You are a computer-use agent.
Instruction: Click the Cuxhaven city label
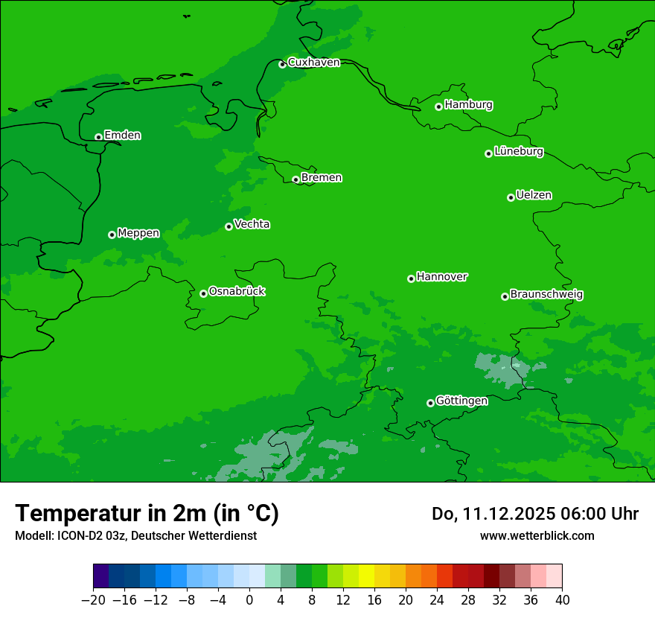tap(313, 63)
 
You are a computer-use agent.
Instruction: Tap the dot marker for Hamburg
tap(439, 106)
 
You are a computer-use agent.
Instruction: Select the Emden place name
tap(122, 136)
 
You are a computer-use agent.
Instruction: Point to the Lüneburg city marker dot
tap(488, 153)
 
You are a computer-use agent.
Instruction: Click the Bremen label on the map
tap(322, 178)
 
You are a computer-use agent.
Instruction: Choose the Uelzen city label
tap(534, 196)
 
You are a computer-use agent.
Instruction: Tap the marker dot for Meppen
tap(112, 235)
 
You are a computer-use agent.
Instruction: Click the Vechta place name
tap(252, 225)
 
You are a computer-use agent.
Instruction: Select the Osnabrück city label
tap(237, 292)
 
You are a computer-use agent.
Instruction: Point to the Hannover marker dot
tap(411, 278)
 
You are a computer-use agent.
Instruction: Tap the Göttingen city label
tap(461, 401)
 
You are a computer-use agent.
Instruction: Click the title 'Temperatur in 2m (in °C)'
tap(147, 513)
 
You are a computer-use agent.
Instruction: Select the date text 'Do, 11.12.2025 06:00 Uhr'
tap(534, 514)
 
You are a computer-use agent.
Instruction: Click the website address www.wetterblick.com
tap(537, 535)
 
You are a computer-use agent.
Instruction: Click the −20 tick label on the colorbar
tap(93, 600)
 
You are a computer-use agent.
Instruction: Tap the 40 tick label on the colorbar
tap(562, 600)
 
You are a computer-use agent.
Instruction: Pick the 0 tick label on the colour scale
tap(249, 600)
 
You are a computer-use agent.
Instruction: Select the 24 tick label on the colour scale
tap(437, 600)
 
